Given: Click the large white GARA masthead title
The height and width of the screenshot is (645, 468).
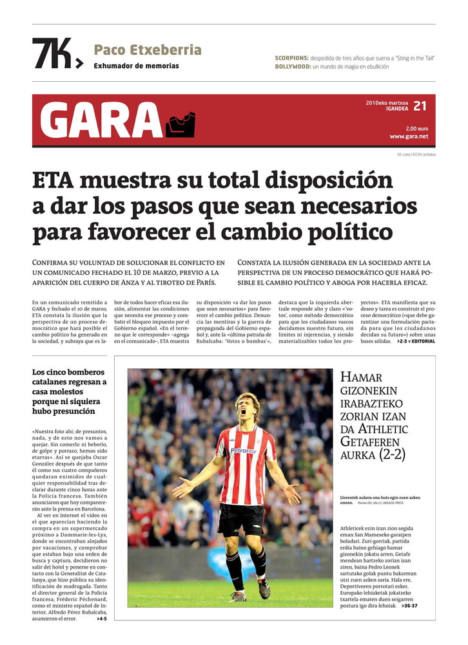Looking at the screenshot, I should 101,120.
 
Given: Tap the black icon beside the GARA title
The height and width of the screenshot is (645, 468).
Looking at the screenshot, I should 180,125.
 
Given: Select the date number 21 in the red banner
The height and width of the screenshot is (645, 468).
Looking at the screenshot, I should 420,106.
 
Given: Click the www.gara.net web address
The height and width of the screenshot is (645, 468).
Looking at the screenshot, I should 409,136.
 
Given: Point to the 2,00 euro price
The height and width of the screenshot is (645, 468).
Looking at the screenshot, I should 416,128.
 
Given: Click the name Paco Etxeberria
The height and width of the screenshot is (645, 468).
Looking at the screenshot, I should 148,50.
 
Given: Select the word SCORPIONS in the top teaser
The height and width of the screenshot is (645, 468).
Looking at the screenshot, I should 291,58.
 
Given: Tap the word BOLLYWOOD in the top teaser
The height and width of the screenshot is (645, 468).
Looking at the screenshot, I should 292,67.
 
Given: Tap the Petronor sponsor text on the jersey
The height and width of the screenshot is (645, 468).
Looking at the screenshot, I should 243,451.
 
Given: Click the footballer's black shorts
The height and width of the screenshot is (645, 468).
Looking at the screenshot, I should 240,518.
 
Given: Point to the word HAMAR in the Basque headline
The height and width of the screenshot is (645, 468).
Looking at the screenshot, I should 361,378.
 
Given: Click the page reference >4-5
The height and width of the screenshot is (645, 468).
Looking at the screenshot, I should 102,619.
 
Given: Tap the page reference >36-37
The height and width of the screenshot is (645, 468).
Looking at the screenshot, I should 409,606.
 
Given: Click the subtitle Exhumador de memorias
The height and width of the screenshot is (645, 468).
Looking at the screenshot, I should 136,66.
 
